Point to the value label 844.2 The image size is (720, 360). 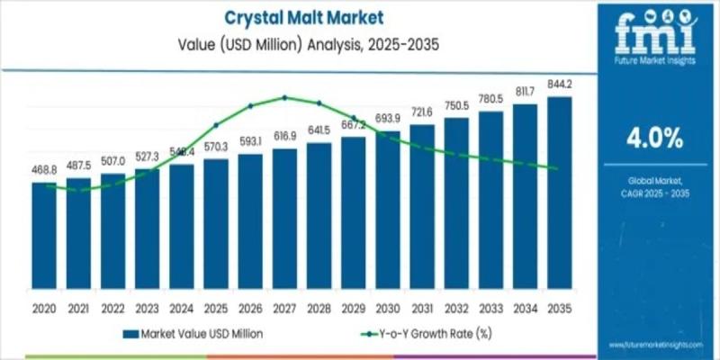[559, 85]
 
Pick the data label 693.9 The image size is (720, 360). [388, 119]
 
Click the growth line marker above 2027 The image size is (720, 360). [284, 97]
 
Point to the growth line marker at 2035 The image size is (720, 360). [559, 168]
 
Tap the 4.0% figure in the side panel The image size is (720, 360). [654, 139]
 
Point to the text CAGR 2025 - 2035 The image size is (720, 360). [654, 193]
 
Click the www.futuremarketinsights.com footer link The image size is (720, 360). [654, 345]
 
